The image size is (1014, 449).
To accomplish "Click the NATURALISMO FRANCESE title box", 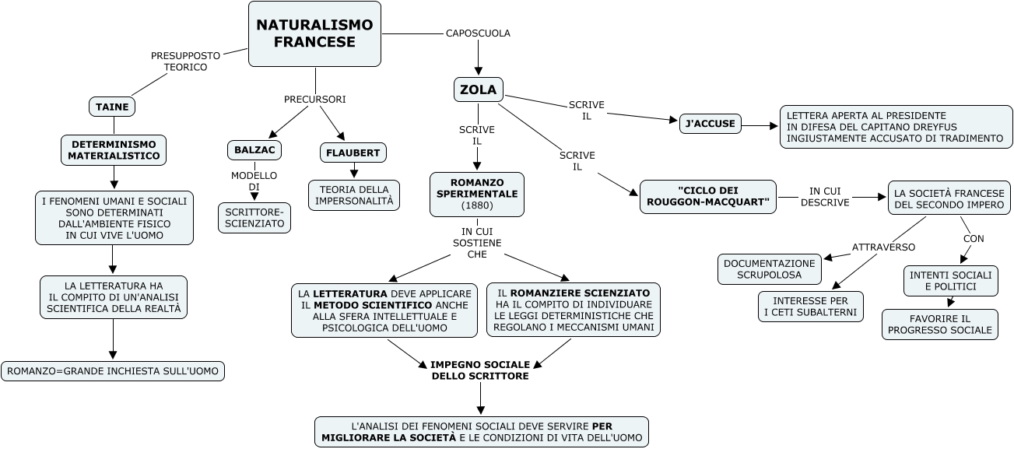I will (x=314, y=34).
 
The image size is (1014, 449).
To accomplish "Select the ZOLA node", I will (x=478, y=89).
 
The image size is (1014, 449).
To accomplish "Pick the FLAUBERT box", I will (x=353, y=153).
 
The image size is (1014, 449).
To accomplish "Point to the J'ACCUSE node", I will (x=711, y=123).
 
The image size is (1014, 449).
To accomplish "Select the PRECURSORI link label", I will (x=314, y=100).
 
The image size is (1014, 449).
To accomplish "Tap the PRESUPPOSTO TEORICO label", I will (x=185, y=61).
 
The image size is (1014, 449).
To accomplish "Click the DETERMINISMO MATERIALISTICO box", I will (x=114, y=150).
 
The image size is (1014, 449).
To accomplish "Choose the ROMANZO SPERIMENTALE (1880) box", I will (x=477, y=194).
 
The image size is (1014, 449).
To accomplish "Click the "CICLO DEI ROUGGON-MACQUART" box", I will (x=707, y=197).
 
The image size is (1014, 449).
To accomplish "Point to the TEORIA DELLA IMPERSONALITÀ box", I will (x=354, y=195).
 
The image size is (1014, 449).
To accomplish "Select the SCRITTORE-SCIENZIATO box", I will (x=254, y=217).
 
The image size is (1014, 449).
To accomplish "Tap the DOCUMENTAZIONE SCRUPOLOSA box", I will (x=770, y=269).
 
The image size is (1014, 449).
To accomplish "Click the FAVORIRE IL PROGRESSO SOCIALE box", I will (x=940, y=324).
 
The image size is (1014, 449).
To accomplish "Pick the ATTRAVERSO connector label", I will (x=883, y=247).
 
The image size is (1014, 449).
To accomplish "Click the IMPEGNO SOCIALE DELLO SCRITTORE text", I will (x=480, y=370).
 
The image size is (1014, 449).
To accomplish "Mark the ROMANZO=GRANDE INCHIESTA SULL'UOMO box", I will (x=113, y=371).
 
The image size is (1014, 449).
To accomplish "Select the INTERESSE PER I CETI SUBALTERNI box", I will (x=811, y=307).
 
